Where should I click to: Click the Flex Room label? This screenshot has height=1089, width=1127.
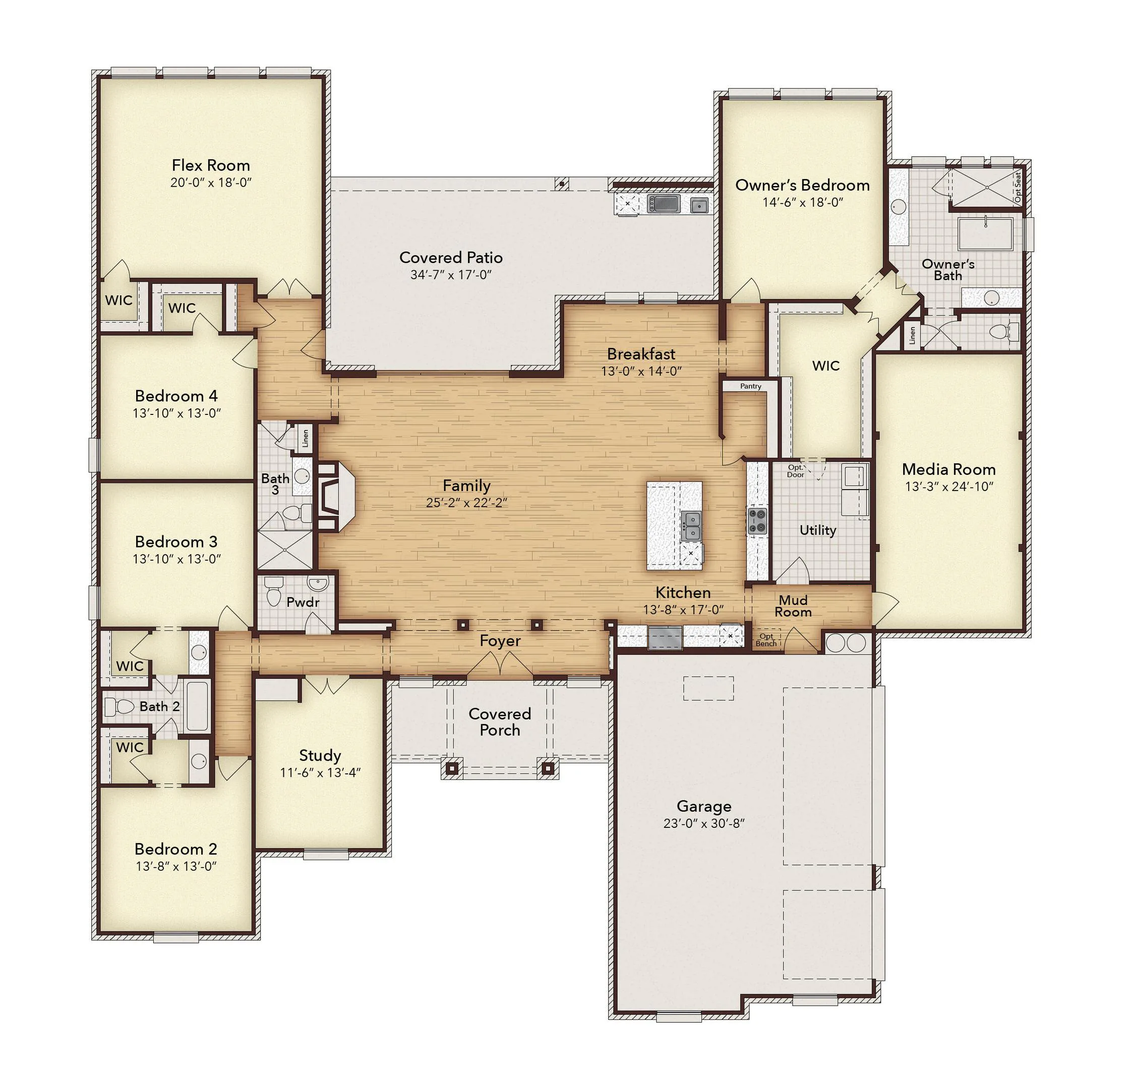[211, 165]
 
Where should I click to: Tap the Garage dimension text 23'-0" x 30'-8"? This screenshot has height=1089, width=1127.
[704, 823]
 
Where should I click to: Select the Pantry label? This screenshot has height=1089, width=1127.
[750, 386]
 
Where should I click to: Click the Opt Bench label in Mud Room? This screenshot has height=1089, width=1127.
[766, 640]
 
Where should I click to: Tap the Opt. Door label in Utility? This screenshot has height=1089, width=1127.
[796, 471]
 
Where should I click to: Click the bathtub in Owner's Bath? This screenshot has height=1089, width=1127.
[985, 233]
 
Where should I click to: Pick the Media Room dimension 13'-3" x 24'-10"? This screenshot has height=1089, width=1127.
[949, 487]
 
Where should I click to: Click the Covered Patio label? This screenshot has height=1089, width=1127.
[451, 257]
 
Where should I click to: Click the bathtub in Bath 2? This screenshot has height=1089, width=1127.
[197, 705]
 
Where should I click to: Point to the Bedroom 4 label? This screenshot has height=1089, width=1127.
[176, 396]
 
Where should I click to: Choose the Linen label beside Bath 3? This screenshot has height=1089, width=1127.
[306, 438]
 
